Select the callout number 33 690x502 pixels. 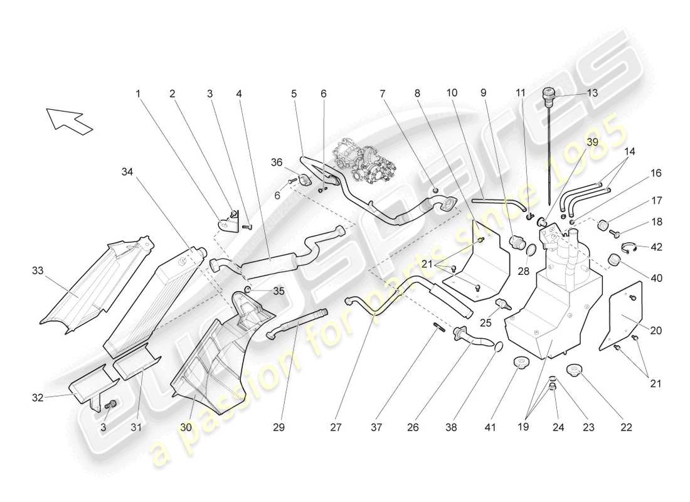tap(38, 272)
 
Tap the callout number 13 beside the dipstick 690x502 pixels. tap(592, 93)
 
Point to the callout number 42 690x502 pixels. tap(656, 247)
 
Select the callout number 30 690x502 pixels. tap(186, 427)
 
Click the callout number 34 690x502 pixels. tap(128, 171)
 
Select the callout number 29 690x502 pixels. tap(279, 427)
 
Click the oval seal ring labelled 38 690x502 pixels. tap(497, 347)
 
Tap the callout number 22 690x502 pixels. tap(626, 427)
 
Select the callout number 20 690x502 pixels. tap(656, 330)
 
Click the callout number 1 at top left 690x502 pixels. tap(138, 93)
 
